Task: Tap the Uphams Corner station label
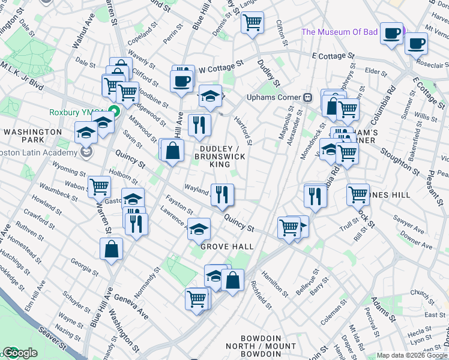pos(273,97)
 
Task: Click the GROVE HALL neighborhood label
pos(226,247)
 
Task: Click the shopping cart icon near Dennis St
pos(253,23)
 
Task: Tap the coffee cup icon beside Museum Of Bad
pos(392,33)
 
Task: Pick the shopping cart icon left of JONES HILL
pos(358,194)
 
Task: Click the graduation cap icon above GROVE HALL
pos(199,229)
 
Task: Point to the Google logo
pos(20,353)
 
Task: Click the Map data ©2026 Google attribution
pos(412,355)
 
